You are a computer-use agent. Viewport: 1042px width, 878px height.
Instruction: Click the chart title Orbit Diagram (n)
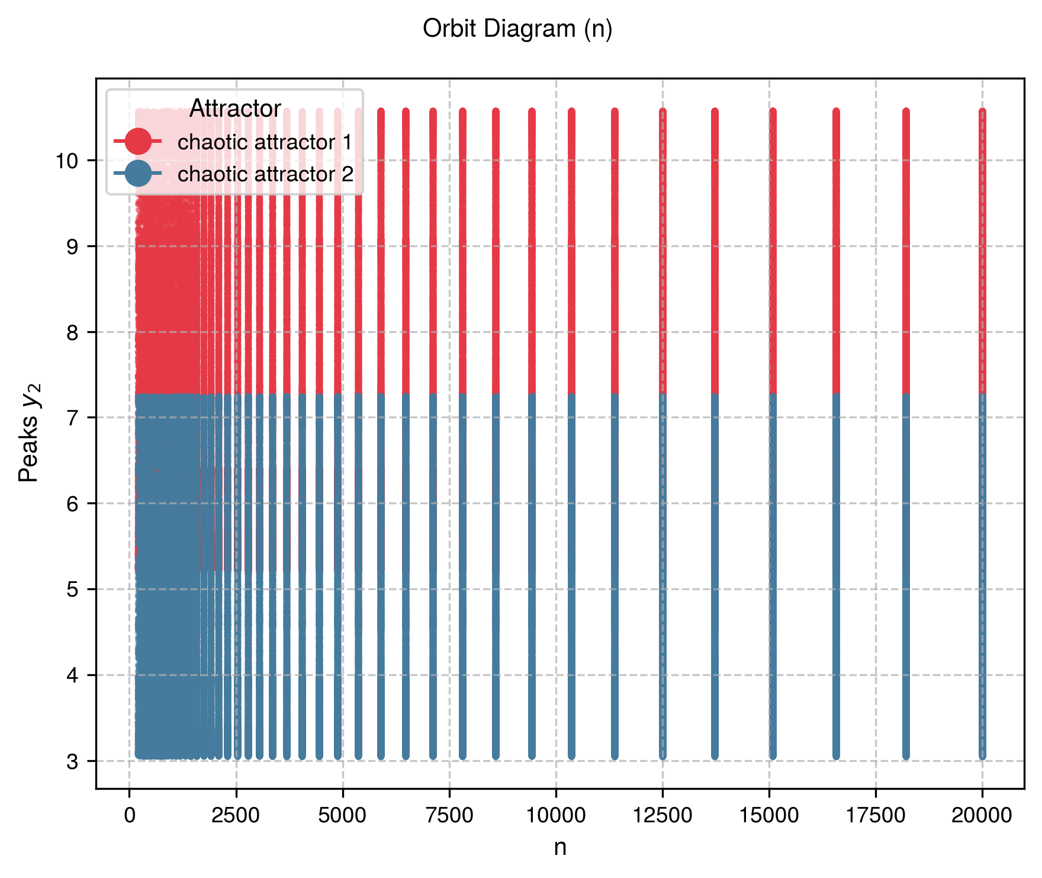pyautogui.click(x=517, y=28)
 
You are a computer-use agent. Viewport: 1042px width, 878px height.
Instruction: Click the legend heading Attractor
pyautogui.click(x=235, y=108)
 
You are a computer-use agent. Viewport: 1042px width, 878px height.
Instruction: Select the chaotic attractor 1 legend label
pyautogui.click(x=265, y=142)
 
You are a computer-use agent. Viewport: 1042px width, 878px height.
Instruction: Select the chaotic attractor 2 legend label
pyautogui.click(x=265, y=174)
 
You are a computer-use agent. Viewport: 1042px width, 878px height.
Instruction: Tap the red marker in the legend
pyautogui.click(x=137, y=142)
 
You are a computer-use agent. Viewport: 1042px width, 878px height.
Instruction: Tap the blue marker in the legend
pyautogui.click(x=137, y=174)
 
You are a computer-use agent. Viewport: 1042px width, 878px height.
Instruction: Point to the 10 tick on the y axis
pyautogui.click(x=71, y=161)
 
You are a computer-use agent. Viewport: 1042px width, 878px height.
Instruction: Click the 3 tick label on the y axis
pyautogui.click(x=72, y=761)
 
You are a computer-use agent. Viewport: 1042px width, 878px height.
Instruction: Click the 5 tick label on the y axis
pyautogui.click(x=72, y=589)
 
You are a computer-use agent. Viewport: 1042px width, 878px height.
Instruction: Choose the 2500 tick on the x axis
pyautogui.click(x=236, y=815)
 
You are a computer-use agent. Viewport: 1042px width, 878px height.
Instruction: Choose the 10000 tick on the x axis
pyautogui.click(x=556, y=815)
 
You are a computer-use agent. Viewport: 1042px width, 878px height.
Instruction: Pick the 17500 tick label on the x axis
pyautogui.click(x=876, y=815)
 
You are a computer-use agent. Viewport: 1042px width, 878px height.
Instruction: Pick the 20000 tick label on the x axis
pyautogui.click(x=982, y=815)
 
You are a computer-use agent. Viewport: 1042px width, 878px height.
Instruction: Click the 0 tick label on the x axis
pyautogui.click(x=130, y=815)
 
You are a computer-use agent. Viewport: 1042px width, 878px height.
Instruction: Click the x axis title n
pyautogui.click(x=560, y=847)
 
